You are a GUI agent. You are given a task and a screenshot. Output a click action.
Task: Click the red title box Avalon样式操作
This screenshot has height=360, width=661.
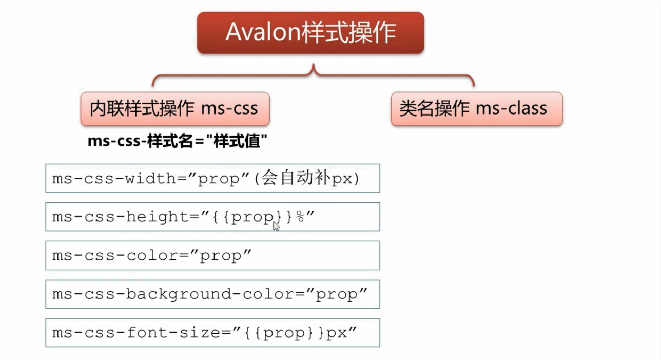point(310,33)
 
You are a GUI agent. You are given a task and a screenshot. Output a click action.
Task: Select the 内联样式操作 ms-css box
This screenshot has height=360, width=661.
point(174,109)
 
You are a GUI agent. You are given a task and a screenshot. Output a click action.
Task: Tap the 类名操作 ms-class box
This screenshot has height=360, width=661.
point(476,109)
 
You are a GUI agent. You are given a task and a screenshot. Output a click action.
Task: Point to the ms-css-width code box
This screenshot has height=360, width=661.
point(212,178)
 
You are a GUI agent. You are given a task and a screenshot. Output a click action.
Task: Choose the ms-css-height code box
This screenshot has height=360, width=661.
point(212,217)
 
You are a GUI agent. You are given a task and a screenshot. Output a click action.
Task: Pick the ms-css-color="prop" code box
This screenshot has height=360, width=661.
point(212,255)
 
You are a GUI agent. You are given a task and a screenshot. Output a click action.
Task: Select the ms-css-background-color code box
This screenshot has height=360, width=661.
point(212,294)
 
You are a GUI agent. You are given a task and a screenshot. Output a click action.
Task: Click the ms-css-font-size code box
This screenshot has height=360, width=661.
point(212,333)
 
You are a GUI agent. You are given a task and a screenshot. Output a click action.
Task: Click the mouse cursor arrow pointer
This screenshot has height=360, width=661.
point(276,226)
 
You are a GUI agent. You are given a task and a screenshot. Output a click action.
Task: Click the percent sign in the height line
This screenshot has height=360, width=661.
point(300,217)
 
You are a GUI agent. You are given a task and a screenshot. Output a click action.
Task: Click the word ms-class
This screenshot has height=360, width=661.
point(511,109)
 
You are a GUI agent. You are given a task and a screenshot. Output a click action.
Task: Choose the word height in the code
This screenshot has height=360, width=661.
point(157,217)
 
